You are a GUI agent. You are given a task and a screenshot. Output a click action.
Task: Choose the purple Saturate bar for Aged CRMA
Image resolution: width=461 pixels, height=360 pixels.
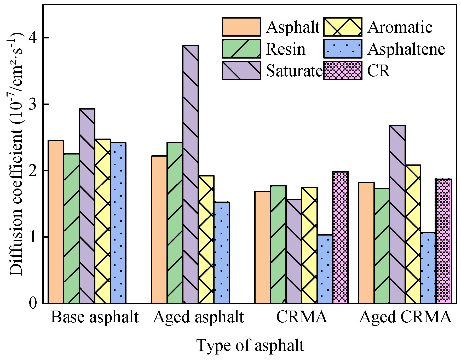397,214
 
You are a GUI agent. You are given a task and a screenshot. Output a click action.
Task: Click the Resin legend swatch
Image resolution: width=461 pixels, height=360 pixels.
241,49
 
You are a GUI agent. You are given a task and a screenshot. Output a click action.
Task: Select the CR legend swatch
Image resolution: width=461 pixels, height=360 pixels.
343,71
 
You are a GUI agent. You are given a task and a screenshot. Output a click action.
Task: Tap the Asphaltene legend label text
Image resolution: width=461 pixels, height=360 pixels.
406,49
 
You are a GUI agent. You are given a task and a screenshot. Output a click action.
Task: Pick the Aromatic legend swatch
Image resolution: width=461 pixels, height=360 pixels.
343,27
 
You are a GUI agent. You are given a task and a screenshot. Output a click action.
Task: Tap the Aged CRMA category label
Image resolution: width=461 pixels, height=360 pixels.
405,317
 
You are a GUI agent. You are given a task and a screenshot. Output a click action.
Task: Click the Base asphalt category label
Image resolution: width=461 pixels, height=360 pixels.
95,317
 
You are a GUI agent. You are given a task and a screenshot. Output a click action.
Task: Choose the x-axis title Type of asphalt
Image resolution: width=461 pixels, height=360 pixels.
250,345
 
